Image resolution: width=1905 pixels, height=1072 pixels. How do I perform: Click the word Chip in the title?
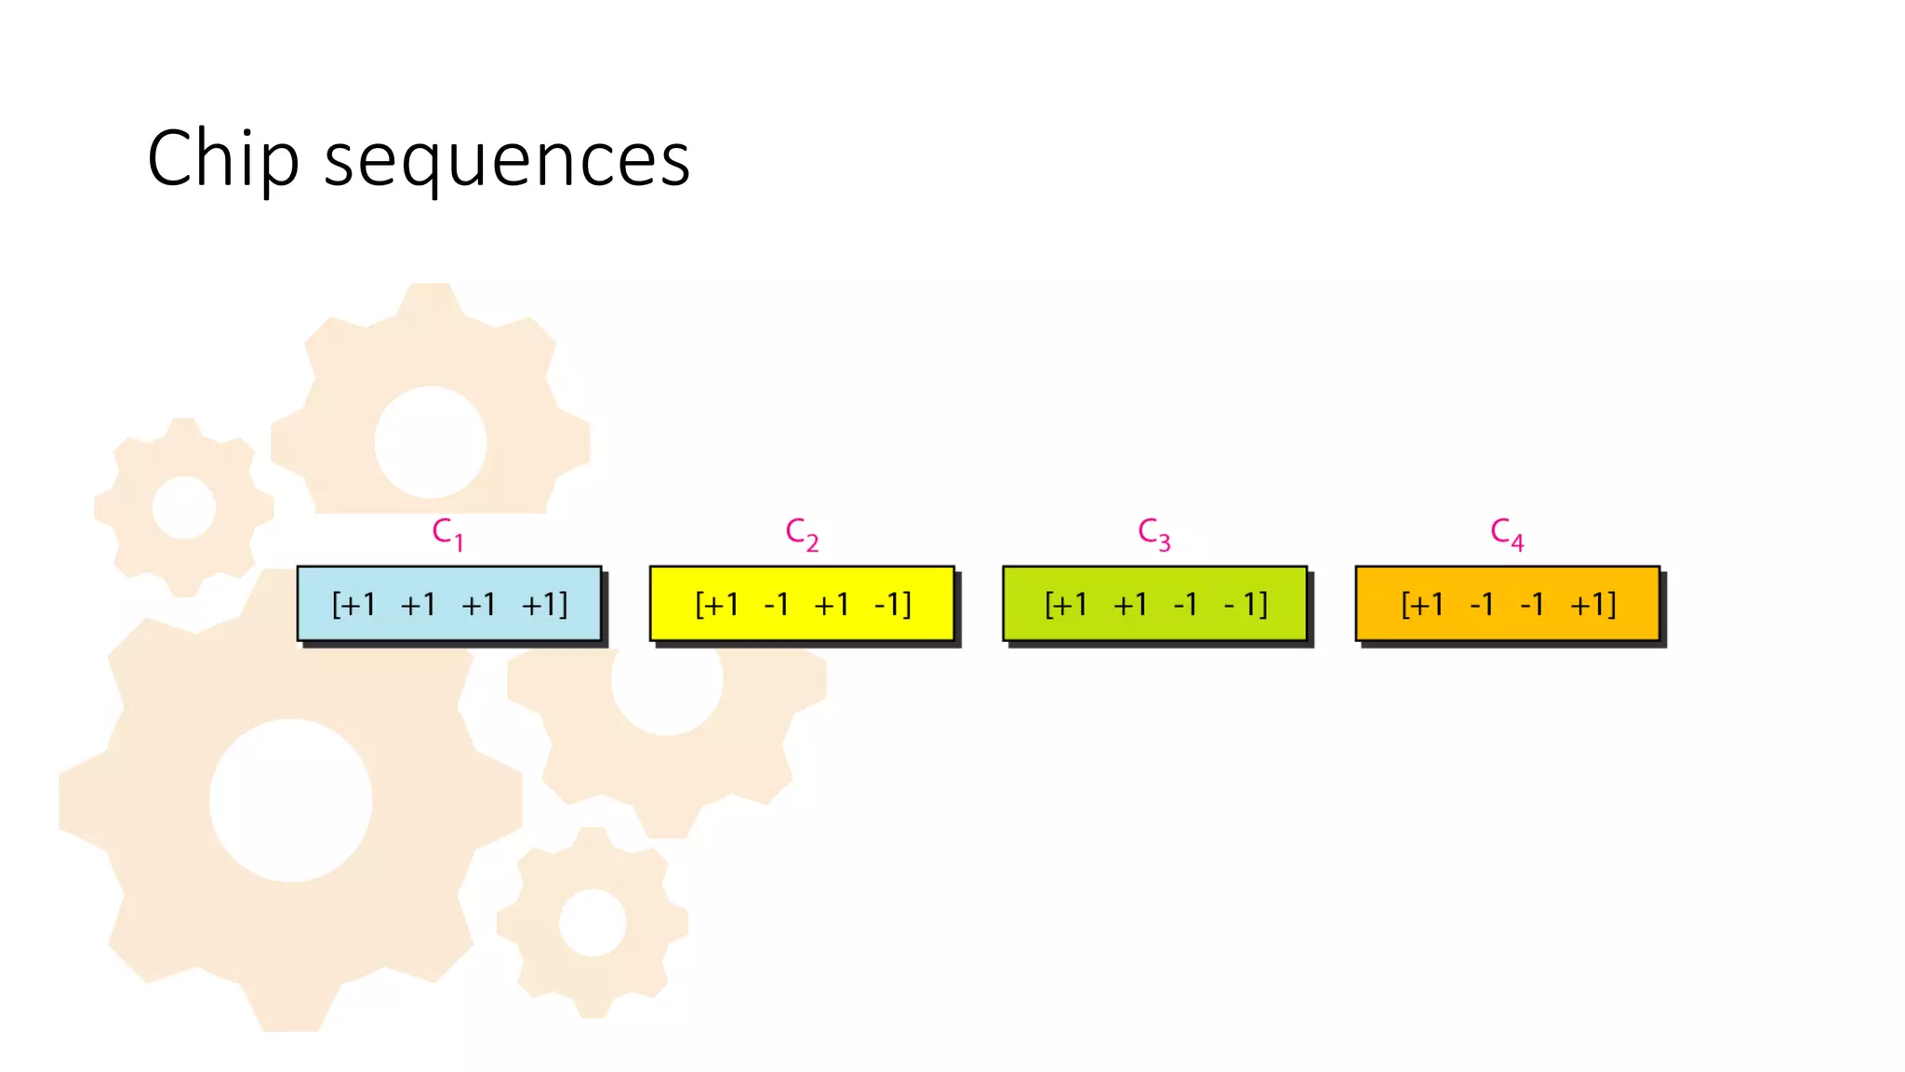pos(223,158)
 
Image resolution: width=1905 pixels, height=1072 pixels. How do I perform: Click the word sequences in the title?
pos(506,160)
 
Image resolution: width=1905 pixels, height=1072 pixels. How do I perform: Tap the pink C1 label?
pos(447,533)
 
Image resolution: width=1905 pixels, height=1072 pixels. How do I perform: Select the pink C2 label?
pos(801,533)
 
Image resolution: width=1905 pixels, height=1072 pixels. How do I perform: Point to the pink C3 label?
pos(1153,533)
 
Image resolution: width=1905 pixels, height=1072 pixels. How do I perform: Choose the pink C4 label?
pos(1506,533)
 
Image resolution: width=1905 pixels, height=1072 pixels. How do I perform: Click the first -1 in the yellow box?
pos(776,605)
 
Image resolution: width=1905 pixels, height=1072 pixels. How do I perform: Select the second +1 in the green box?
pos(1130,605)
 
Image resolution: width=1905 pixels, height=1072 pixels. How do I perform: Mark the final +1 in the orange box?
pos(1591,605)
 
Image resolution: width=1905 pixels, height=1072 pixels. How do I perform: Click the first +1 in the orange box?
pos(1426,605)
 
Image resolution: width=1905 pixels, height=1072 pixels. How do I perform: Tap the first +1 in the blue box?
pos(357,605)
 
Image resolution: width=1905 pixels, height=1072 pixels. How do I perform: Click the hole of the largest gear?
pos(290,800)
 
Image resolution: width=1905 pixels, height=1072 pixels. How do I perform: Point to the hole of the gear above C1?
pos(431,442)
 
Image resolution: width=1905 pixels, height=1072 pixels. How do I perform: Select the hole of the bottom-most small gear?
pos(593,922)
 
